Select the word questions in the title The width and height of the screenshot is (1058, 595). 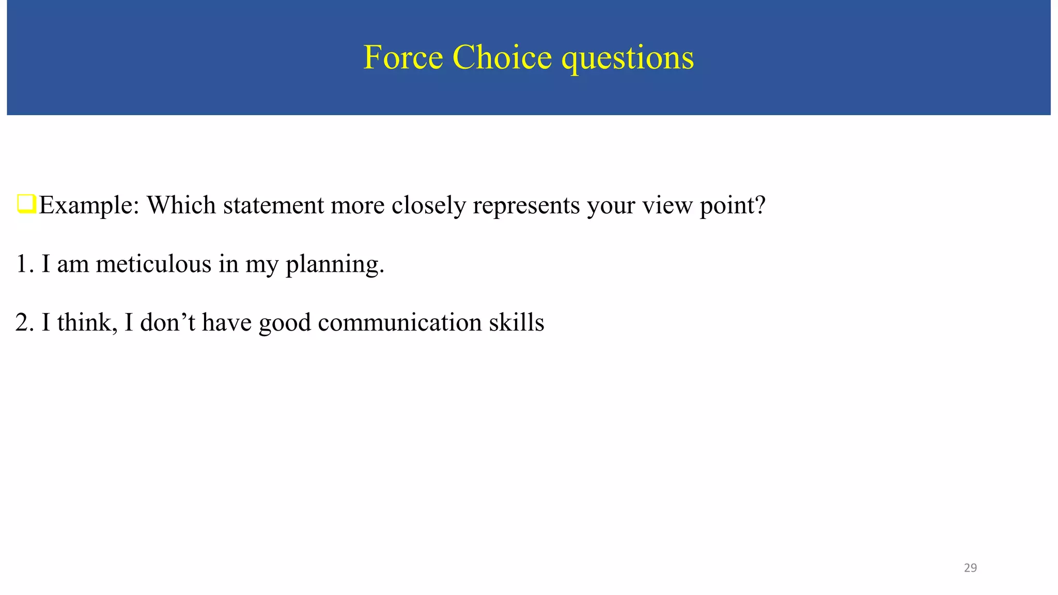[628, 58]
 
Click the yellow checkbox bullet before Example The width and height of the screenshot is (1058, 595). [26, 203]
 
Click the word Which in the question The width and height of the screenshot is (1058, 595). [181, 205]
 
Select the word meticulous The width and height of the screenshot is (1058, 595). [153, 264]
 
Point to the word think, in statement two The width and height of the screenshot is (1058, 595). [87, 322]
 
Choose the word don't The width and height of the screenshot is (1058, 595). [167, 322]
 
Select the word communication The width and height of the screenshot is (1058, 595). [400, 322]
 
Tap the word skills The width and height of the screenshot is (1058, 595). [516, 322]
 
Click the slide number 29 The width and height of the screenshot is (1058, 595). [970, 568]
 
